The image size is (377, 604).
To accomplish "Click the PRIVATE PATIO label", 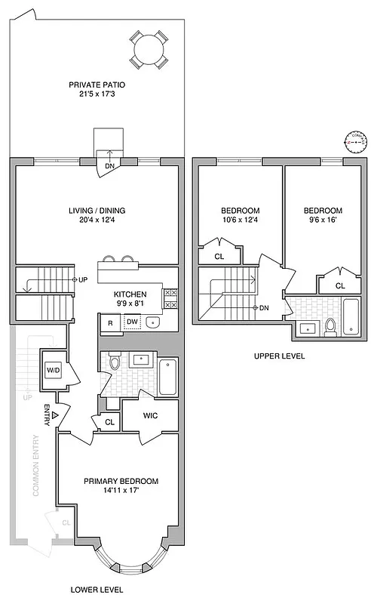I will (96, 85).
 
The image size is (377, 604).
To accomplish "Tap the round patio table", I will (146, 51).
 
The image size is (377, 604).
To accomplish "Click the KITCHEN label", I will (130, 294).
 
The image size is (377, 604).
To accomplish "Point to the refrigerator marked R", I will (110, 322).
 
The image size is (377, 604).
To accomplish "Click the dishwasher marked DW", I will (132, 322).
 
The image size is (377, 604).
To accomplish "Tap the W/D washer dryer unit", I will (54, 370).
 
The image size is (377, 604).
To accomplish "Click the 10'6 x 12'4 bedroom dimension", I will (240, 220).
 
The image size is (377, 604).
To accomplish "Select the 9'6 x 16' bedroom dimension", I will (323, 220).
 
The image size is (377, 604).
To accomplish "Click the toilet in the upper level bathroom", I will (329, 326).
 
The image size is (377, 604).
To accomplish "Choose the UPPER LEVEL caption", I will (279, 356).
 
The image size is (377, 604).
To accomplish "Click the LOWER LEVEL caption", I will (97, 590).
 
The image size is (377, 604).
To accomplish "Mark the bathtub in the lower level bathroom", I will (168, 374).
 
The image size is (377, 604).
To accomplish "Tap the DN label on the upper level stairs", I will (263, 308).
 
